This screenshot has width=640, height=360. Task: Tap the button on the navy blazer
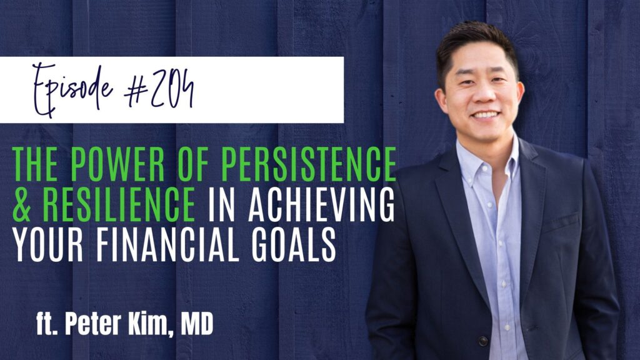pyautogui.click(x=482, y=340)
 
